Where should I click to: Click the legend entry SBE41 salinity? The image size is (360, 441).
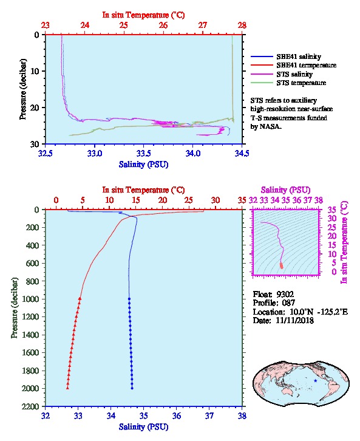click(299, 56)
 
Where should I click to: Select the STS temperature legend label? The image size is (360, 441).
click(301, 83)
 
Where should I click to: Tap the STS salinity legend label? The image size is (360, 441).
click(294, 74)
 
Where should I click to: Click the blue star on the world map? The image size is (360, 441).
click(315, 380)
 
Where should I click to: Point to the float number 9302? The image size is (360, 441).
click(285, 294)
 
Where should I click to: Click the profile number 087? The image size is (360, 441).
click(288, 303)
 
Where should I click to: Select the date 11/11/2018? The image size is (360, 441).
click(294, 320)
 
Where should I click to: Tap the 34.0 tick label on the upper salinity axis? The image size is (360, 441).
click(193, 153)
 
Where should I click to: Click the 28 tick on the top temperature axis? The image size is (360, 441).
click(242, 26)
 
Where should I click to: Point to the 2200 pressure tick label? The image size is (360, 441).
click(30, 406)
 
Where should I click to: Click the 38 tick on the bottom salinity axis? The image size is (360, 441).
click(242, 415)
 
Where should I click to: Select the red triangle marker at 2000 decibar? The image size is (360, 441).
click(67, 388)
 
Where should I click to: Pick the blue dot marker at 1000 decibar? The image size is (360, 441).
click(129, 299)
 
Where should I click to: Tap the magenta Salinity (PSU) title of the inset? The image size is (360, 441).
click(285, 190)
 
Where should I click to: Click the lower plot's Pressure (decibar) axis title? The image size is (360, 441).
click(15, 308)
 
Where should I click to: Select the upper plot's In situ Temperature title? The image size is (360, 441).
click(143, 15)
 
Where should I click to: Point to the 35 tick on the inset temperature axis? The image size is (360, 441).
click(332, 210)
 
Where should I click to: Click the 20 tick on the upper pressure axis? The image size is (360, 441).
click(35, 108)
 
